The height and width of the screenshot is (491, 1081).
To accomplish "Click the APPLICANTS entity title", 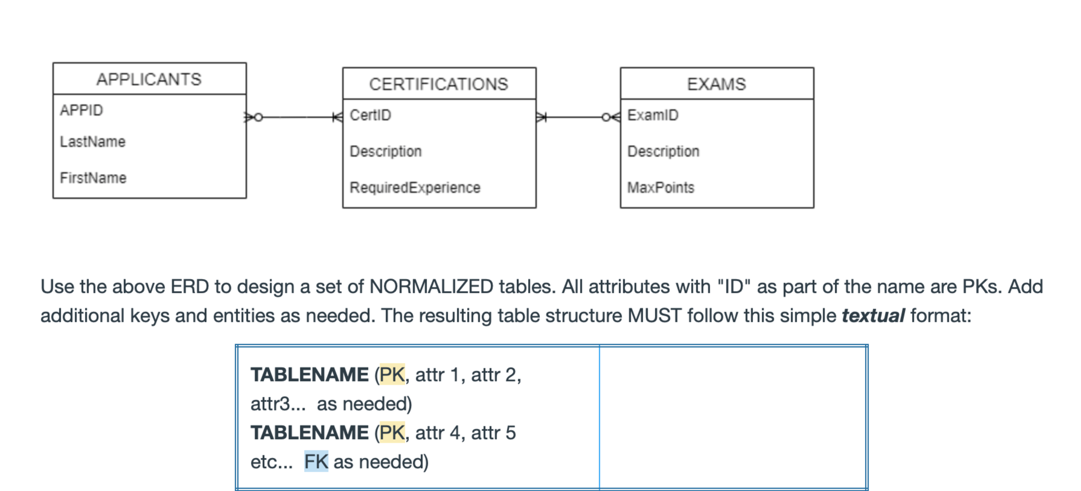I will click(x=149, y=79).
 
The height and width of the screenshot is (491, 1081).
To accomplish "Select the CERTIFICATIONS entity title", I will click(x=439, y=84).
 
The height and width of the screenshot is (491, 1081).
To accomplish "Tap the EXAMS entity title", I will click(x=716, y=84).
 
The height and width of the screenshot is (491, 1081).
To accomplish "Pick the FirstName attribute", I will click(x=93, y=178).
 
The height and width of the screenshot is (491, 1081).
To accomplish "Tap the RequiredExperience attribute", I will click(x=414, y=188).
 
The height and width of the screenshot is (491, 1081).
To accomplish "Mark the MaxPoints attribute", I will click(x=660, y=188).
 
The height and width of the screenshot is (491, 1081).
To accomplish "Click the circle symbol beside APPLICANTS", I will click(x=258, y=118).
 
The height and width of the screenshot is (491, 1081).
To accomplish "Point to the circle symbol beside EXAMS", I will click(x=606, y=118).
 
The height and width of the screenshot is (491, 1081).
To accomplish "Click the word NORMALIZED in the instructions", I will click(x=431, y=287).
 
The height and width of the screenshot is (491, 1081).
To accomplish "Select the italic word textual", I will click(x=873, y=316).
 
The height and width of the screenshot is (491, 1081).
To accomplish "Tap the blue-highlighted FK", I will click(x=316, y=462).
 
